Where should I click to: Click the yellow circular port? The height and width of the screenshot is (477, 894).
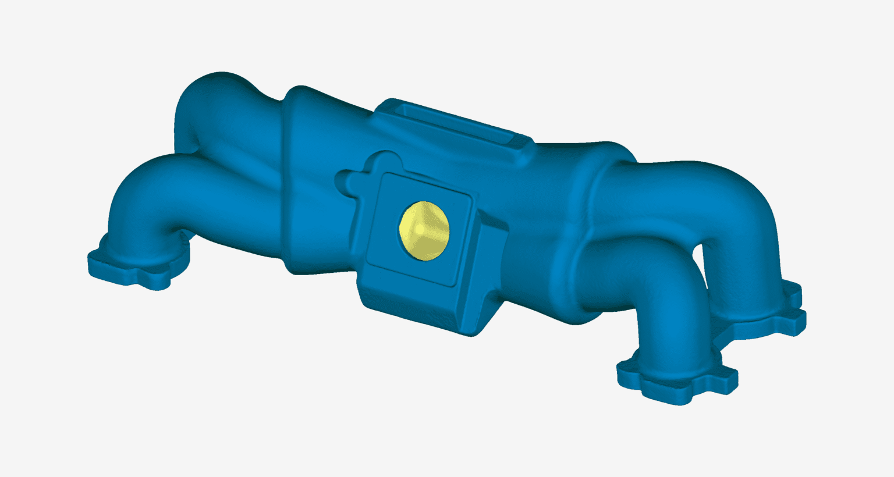[x=424, y=231]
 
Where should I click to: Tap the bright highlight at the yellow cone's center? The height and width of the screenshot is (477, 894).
[x=418, y=229]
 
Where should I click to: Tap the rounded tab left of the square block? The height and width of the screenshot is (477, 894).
[x=346, y=180]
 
